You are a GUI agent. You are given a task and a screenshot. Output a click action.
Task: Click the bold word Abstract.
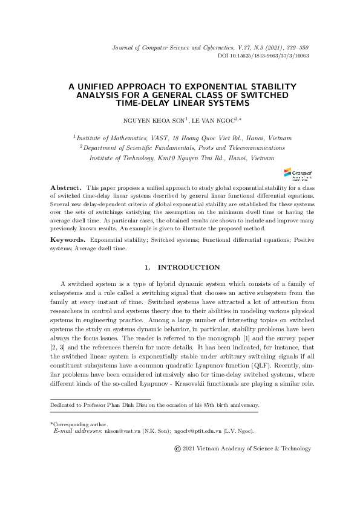pyautogui.click(x=65, y=189)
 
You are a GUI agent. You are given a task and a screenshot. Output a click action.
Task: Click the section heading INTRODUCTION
pyautogui.click(x=188, y=267)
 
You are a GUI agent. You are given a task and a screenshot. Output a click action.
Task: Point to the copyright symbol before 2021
pyautogui.click(x=177, y=449)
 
